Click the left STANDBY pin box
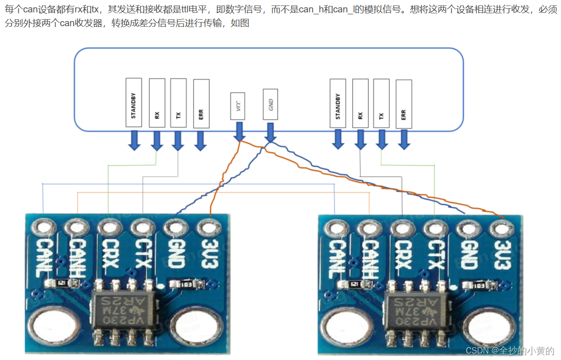tap(134, 102)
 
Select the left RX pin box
tap(157, 103)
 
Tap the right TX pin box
tap(381, 103)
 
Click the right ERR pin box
tap(403, 104)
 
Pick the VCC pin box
tap(238, 107)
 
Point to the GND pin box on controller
tap(271, 105)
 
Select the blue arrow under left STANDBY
tap(134, 140)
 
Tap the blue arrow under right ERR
tap(404, 140)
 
